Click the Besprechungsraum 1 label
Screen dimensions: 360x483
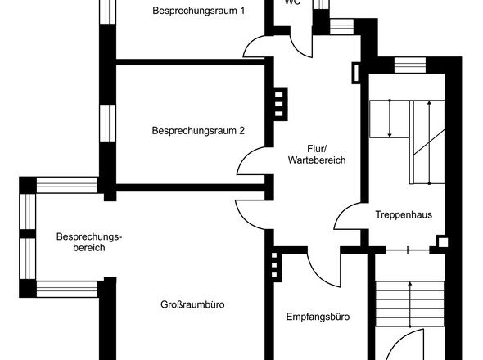[198, 11]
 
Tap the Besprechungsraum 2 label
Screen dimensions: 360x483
[198, 130]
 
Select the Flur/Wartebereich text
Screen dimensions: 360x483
[317, 155]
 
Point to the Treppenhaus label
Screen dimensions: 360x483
[404, 215]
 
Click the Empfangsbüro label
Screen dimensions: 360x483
[318, 317]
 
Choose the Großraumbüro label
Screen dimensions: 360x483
[192, 305]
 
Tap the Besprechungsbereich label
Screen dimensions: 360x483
[88, 242]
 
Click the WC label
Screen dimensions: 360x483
[292, 2]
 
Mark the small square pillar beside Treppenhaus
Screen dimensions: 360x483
[442, 242]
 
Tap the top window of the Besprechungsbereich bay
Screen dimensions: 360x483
[65, 183]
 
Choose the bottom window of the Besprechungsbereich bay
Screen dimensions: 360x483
[65, 288]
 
